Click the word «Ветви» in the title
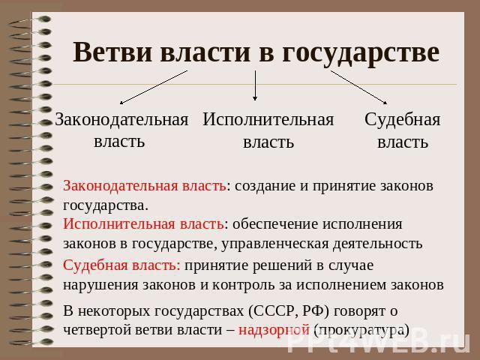click(112, 52)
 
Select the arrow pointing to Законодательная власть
click(154, 88)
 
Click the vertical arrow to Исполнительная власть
click(255, 85)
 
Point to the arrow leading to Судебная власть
click(358, 88)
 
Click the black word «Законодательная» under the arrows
click(121, 120)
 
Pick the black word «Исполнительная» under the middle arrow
click(268, 119)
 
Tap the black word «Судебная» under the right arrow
click(402, 119)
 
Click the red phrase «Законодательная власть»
click(145, 186)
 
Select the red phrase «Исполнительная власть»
click(143, 224)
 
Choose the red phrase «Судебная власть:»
click(121, 265)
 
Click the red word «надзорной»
click(274, 330)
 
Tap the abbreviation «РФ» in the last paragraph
click(313, 311)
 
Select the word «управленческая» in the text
click(275, 244)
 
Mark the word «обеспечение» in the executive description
click(275, 224)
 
